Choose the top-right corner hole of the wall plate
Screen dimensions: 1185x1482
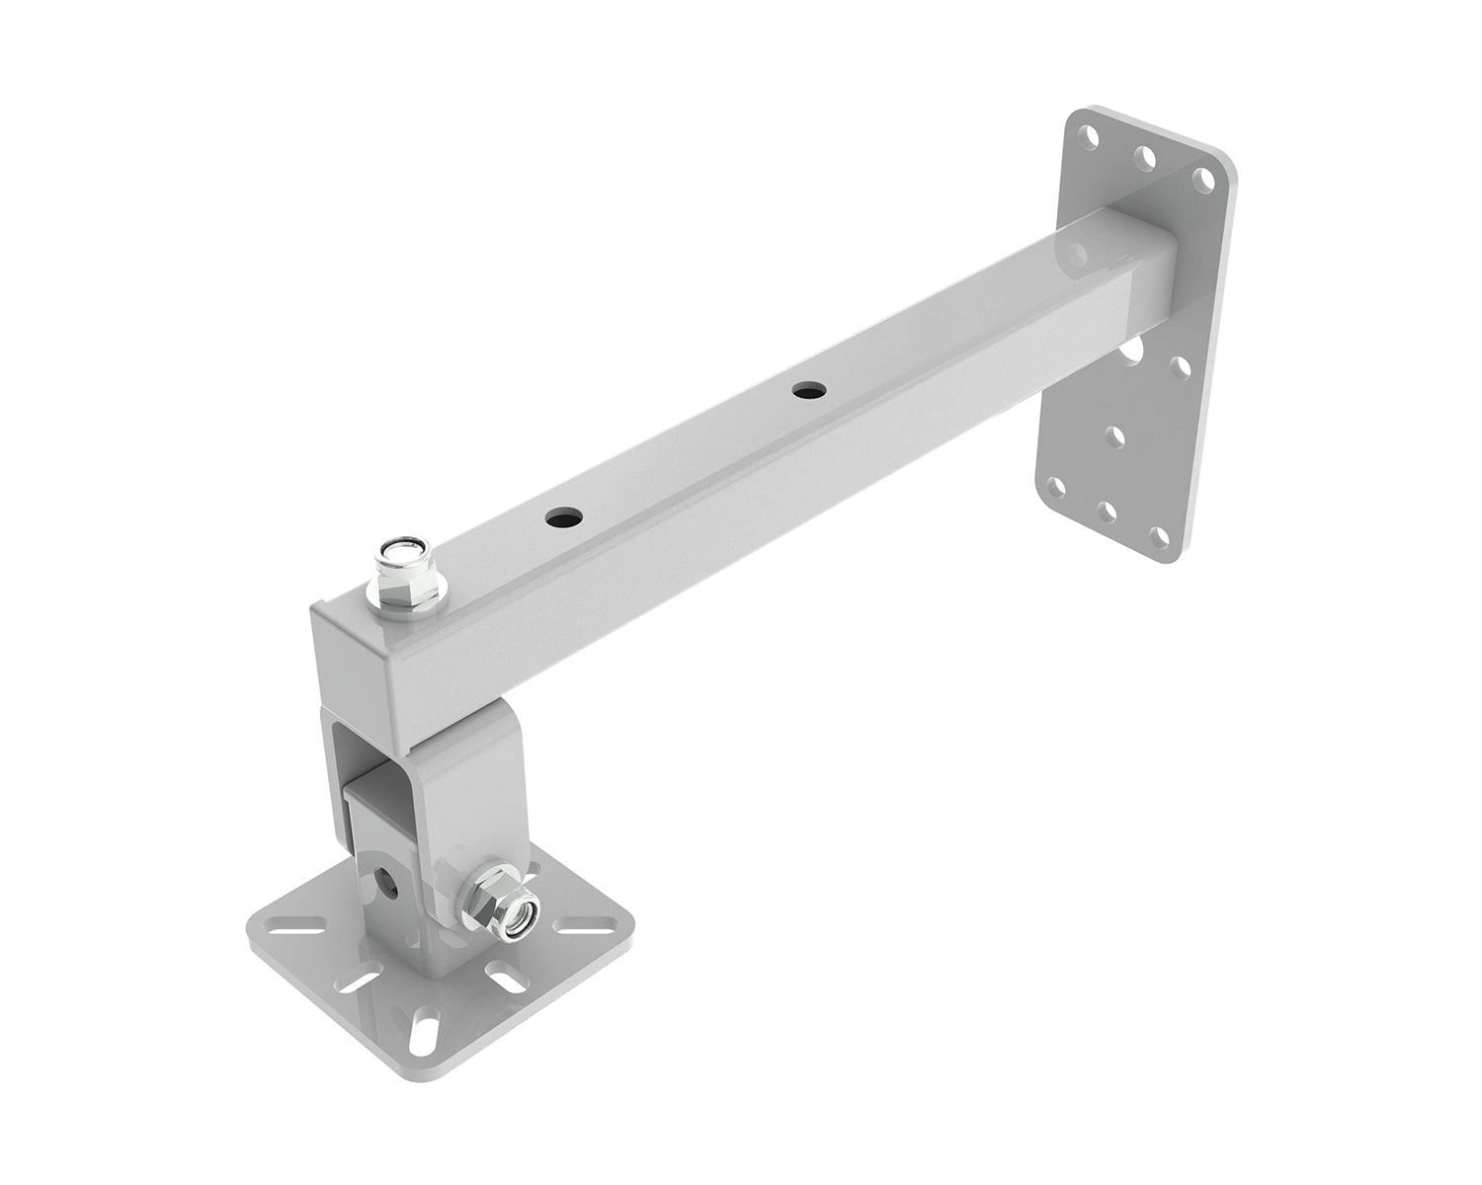click(1202, 178)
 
